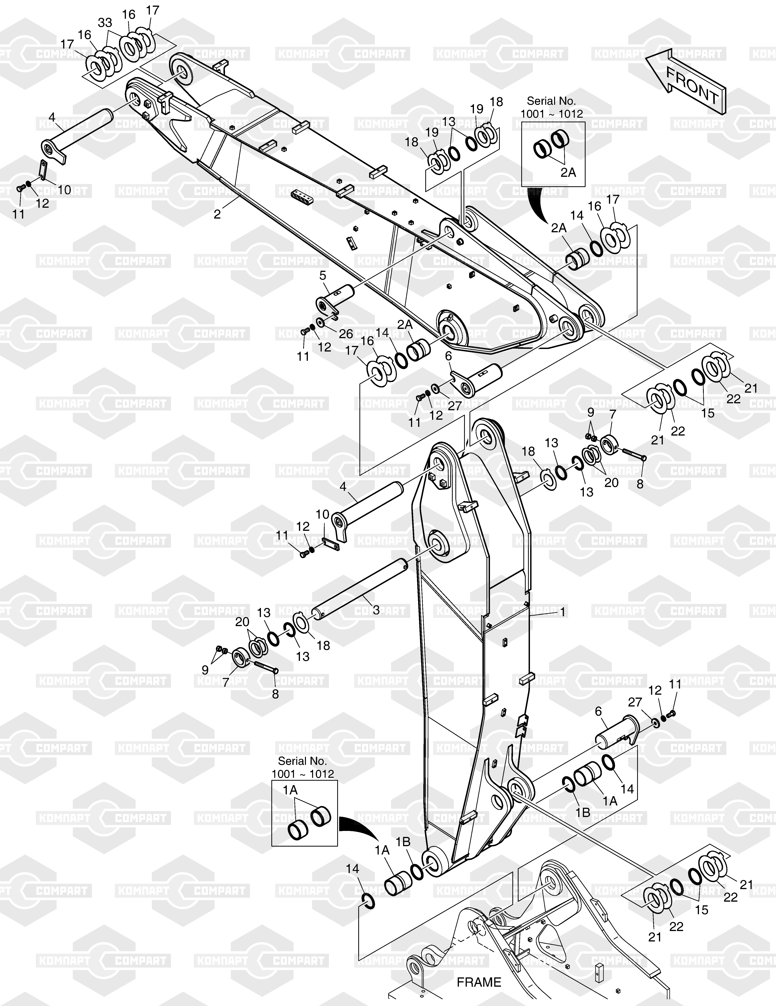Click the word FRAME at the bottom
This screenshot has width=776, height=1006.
tap(479, 982)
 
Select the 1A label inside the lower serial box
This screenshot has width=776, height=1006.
tap(290, 790)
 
